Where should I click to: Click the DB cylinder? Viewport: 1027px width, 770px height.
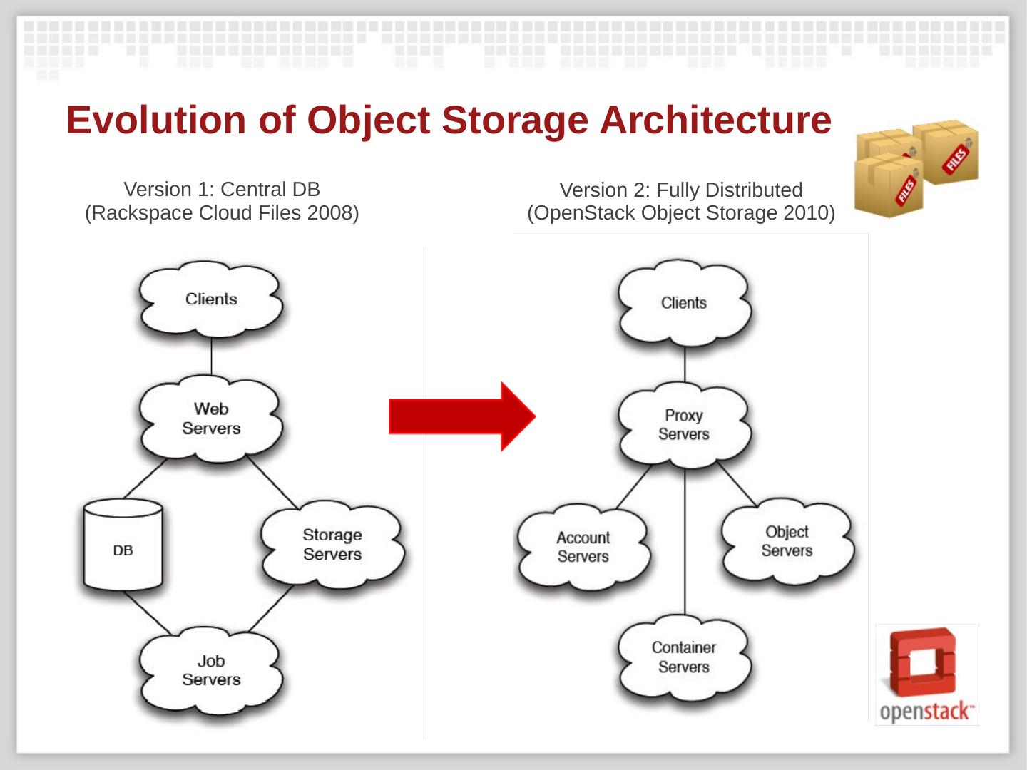(123, 545)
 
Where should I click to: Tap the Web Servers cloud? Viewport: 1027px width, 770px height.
(211, 419)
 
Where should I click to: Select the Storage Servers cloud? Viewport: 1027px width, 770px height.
(332, 544)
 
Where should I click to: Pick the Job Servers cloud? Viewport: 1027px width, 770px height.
(211, 670)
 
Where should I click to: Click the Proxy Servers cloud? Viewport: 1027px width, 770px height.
(684, 424)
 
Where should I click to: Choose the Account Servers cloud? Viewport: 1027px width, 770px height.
(583, 547)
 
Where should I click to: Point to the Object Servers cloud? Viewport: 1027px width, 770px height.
(787, 541)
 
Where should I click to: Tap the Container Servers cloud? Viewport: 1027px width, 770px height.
(684, 657)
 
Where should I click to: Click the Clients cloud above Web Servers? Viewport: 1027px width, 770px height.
(211, 299)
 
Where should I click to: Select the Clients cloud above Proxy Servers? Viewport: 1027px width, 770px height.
(684, 303)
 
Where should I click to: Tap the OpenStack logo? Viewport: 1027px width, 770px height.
(926, 674)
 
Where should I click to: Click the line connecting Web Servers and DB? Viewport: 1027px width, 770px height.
(145, 478)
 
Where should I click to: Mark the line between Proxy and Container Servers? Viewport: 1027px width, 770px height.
(685, 542)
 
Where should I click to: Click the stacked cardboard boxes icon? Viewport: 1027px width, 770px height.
(916, 168)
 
